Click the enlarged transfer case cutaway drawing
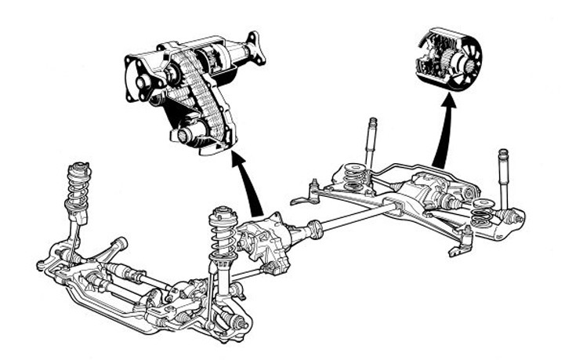(188, 90)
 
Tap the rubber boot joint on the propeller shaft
(317, 230)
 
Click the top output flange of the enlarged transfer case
(252, 49)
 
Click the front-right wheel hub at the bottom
(238, 322)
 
